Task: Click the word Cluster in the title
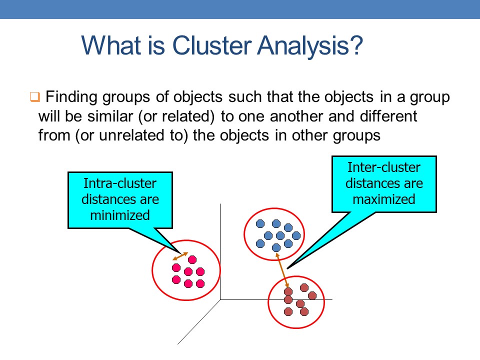(x=212, y=45)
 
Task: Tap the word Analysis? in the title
(x=310, y=46)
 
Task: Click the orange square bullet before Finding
(x=35, y=96)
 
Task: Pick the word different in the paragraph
(x=388, y=116)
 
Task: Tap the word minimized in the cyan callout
(x=120, y=215)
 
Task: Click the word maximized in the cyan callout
(x=384, y=199)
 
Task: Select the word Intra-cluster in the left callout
(x=120, y=183)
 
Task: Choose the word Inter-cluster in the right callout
(x=384, y=167)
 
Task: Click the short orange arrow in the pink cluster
(x=180, y=256)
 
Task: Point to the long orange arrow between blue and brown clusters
(x=282, y=270)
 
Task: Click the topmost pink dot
(x=192, y=260)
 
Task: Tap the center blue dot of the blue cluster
(x=280, y=235)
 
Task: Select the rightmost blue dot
(x=296, y=235)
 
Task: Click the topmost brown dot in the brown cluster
(x=304, y=288)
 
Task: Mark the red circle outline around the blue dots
(x=244, y=234)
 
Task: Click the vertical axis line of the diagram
(x=220, y=251)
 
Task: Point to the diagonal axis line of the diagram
(x=199, y=322)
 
